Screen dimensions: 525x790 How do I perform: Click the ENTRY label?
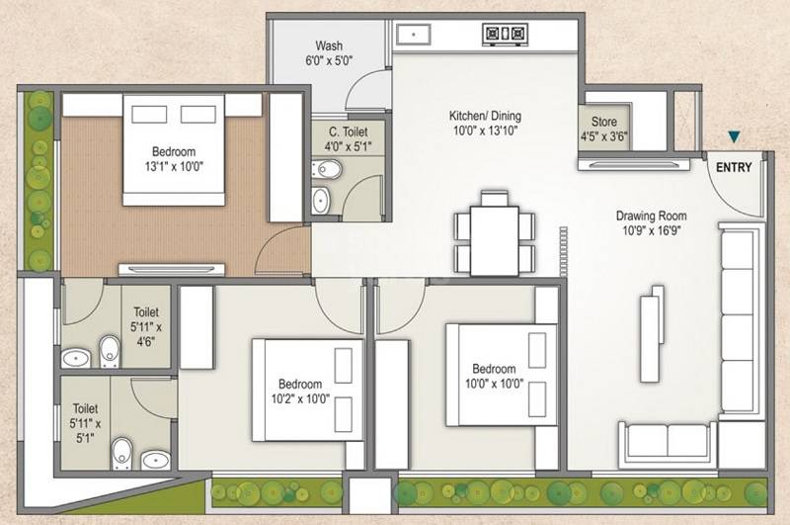(735, 167)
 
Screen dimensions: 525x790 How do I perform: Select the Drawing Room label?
(651, 217)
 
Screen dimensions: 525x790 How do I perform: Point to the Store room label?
(597, 125)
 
